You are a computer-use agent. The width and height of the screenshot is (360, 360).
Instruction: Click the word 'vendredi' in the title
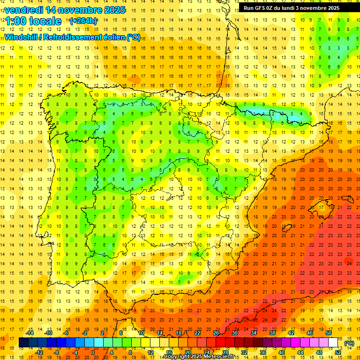point(23,10)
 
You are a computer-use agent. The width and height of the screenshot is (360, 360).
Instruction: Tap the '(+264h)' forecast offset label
point(83,21)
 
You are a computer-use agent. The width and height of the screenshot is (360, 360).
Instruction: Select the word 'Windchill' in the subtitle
point(21,37)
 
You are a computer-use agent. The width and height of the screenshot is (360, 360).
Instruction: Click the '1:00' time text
point(15,21)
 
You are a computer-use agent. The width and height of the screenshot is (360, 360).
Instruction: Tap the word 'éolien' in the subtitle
point(112,37)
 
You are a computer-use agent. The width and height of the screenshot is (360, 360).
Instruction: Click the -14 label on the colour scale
point(30,333)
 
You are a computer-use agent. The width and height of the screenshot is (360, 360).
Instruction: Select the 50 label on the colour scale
point(329,333)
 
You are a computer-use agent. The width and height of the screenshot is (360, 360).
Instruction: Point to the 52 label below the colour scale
point(338,352)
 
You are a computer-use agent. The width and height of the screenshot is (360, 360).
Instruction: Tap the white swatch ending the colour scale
point(333,343)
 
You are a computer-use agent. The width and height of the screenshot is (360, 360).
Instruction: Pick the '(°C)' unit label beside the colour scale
point(349,343)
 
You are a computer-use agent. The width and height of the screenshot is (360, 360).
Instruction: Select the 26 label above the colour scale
point(216,333)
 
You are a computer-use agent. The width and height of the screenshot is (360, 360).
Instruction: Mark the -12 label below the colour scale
point(39,352)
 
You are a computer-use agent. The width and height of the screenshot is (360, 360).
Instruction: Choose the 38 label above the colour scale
point(272,333)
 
